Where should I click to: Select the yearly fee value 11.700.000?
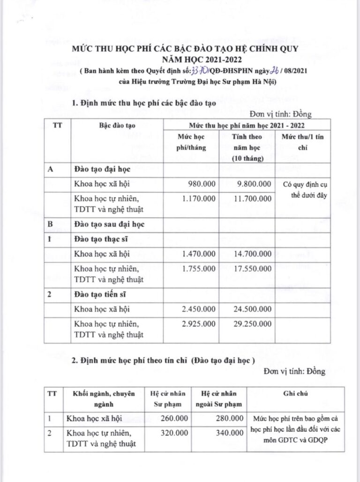[x=252, y=199]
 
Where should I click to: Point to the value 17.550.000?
[x=252, y=269]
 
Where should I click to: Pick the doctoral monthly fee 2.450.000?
[x=199, y=309]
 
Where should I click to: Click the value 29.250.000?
[x=252, y=324]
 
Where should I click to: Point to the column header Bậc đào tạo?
[x=117, y=126]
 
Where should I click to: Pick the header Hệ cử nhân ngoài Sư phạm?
[x=220, y=399]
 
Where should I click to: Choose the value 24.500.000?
[x=252, y=309]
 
